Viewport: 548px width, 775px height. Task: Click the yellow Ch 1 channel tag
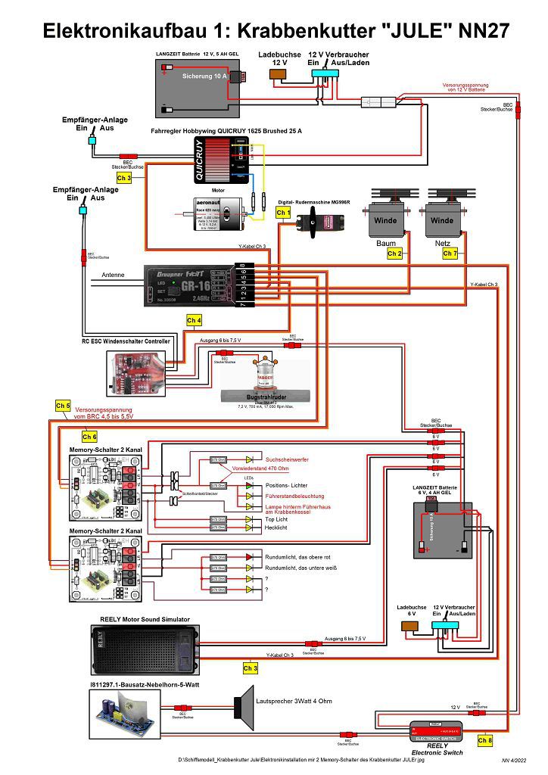pos(282,213)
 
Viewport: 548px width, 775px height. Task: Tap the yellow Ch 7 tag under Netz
pos(450,254)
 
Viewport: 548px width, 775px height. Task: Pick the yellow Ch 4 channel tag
pos(194,320)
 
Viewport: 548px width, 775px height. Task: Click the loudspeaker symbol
pos(244,705)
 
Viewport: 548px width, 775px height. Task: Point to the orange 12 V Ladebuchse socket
pos(278,73)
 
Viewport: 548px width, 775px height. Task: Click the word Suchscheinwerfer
pos(287,459)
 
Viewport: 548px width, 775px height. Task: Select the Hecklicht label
pos(277,527)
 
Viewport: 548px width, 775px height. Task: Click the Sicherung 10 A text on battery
pos(205,76)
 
